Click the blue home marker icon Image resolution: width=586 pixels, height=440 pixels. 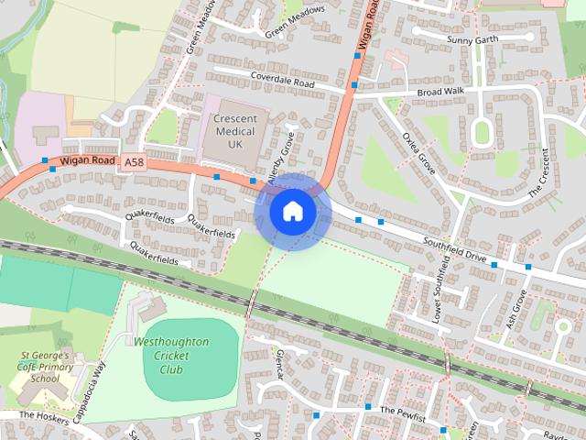tap(292, 212)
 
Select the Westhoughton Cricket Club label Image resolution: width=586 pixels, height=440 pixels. tap(171, 356)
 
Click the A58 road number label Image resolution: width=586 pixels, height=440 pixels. tap(135, 162)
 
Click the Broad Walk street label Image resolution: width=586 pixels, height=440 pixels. tap(440, 93)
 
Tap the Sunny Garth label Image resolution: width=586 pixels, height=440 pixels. tap(471, 39)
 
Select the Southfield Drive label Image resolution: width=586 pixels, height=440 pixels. tap(454, 249)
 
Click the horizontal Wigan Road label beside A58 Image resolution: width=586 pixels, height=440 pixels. tap(88, 161)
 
